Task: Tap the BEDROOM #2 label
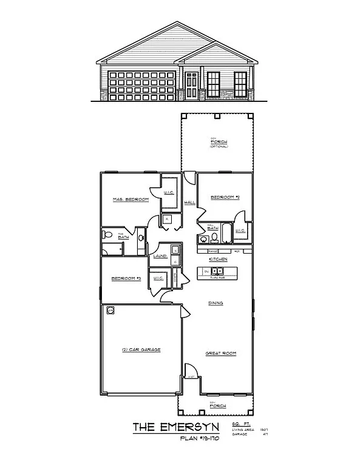coord(225,198)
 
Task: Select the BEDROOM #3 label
coord(126,279)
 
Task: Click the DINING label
coord(215,303)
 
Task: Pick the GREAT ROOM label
coord(220,353)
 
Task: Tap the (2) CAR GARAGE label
coord(140,349)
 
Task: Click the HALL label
coord(189,203)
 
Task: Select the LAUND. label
coord(160,257)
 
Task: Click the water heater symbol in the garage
coord(110,311)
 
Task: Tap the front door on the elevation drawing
coord(191,85)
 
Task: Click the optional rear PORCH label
coord(218,143)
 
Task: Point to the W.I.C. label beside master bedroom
coord(169,194)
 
